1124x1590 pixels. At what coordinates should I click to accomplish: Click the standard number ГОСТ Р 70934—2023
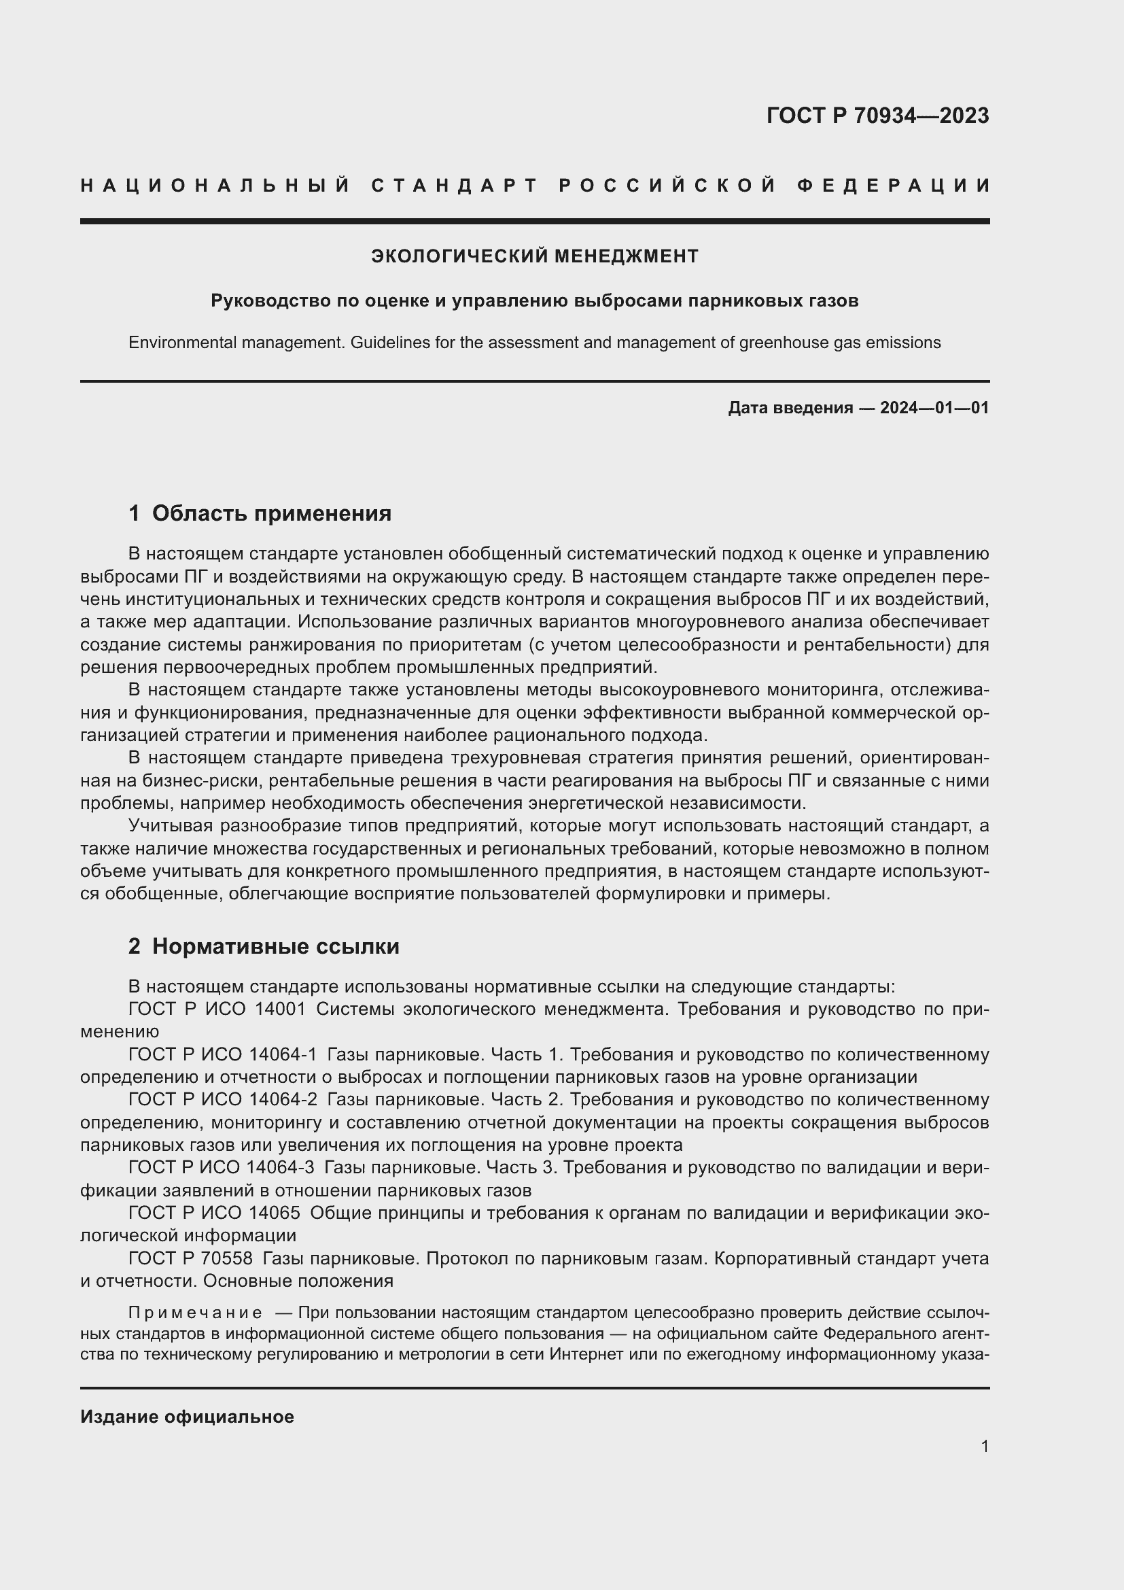pos(877,116)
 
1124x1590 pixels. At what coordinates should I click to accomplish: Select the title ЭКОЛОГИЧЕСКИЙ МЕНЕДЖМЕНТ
pos(534,256)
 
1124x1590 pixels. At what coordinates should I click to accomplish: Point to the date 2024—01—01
pos(934,408)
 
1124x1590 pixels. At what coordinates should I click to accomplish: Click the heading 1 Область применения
pos(260,513)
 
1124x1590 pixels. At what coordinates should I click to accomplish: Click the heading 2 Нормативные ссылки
pos(264,946)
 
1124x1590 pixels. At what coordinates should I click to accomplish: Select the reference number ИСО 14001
pos(256,1009)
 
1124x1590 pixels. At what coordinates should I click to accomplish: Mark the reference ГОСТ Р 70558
pos(190,1258)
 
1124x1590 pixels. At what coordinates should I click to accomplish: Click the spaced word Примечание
pos(195,1312)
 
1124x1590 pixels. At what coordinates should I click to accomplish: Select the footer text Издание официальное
pos(187,1416)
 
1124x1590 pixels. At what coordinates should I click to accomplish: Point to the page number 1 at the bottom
pos(984,1446)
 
